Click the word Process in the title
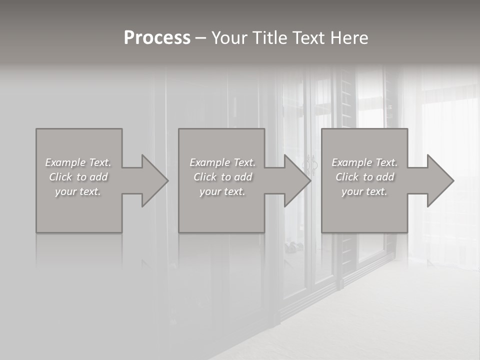[x=157, y=38]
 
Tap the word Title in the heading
[x=269, y=38]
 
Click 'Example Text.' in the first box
[x=78, y=162]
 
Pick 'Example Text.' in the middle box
[x=222, y=162]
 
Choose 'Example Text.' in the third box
[x=364, y=162]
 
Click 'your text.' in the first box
[x=78, y=191]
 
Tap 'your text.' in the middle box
[x=222, y=191]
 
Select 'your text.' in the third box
[x=364, y=191]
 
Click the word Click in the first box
[x=60, y=177]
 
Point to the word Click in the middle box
[x=204, y=177]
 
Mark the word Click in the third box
[x=346, y=177]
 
